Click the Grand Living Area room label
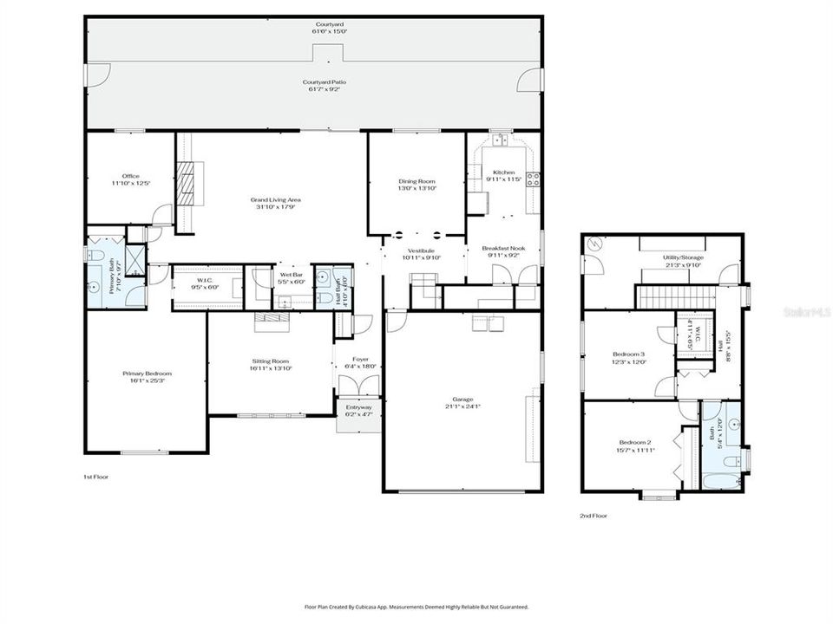pos(279,199)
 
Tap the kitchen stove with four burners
pos(533,179)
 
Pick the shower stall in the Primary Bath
pos(135,258)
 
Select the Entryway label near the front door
pos(359,407)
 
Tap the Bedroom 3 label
pos(629,354)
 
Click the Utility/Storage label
pos(682,258)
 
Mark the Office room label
pos(131,177)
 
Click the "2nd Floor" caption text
pos(594,516)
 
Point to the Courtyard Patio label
pos(327,81)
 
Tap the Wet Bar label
pos(291,275)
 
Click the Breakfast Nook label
pos(504,249)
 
